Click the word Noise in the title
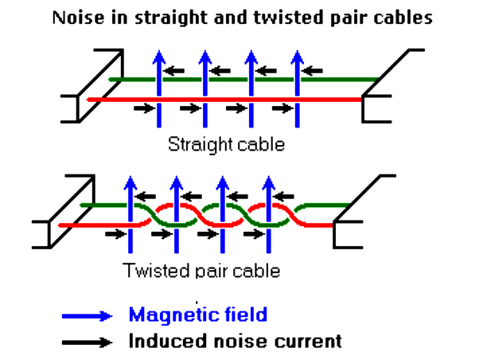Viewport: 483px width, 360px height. (75, 17)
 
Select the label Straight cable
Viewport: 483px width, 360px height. (227, 145)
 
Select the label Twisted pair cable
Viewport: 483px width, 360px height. (201, 270)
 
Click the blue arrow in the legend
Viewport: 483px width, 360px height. (88, 315)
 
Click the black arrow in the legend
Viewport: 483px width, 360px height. (88, 342)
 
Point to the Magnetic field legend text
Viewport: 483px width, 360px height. (198, 315)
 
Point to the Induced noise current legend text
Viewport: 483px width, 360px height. (236, 342)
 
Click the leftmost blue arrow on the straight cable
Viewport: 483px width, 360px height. (159, 88)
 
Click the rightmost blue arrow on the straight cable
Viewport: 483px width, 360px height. (298, 88)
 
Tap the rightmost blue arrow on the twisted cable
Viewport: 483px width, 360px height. (269, 215)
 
